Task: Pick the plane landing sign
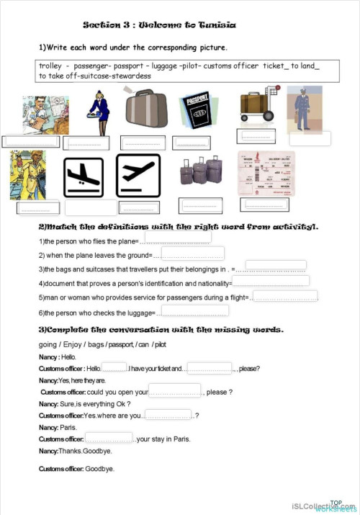85,176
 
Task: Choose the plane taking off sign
138,176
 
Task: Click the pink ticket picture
266,174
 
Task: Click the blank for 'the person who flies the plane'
178,238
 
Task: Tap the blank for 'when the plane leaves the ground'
192,254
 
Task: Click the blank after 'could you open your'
174,390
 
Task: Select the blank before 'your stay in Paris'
109,438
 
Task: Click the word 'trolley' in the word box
50,66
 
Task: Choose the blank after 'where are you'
168,414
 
